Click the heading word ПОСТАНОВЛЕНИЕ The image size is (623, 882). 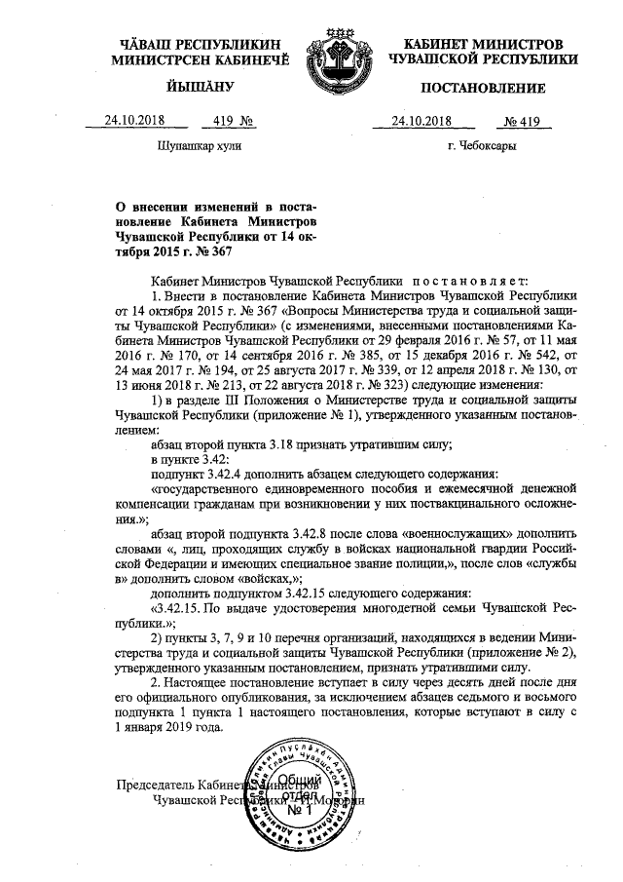[x=482, y=90]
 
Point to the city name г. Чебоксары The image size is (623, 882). [x=482, y=146]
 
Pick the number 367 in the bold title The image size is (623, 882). [x=221, y=251]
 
